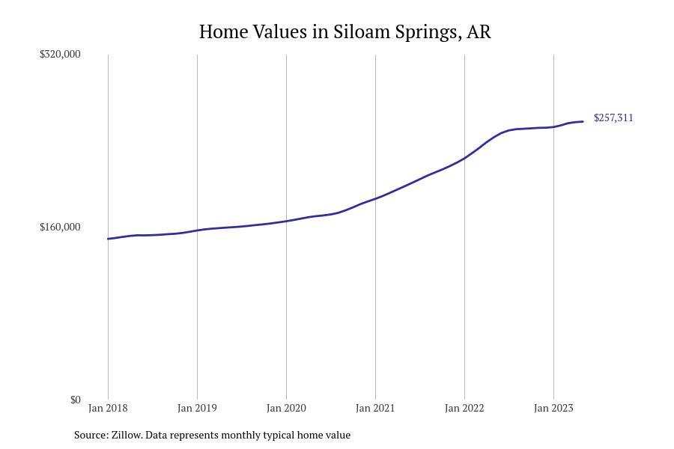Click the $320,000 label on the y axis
[60, 54]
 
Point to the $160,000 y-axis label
[60, 227]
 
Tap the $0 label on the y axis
[75, 400]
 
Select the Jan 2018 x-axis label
[108, 408]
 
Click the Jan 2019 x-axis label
[197, 408]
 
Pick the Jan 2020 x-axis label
[286, 408]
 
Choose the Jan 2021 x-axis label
[375, 408]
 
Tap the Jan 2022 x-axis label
[464, 408]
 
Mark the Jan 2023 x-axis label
[553, 408]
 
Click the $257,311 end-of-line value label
[613, 117]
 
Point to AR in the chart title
[479, 32]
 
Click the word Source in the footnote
[91, 435]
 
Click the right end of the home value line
[583, 121]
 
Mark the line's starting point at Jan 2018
[108, 239]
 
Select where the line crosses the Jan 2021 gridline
[375, 198]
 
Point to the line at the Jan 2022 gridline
[464, 158]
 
